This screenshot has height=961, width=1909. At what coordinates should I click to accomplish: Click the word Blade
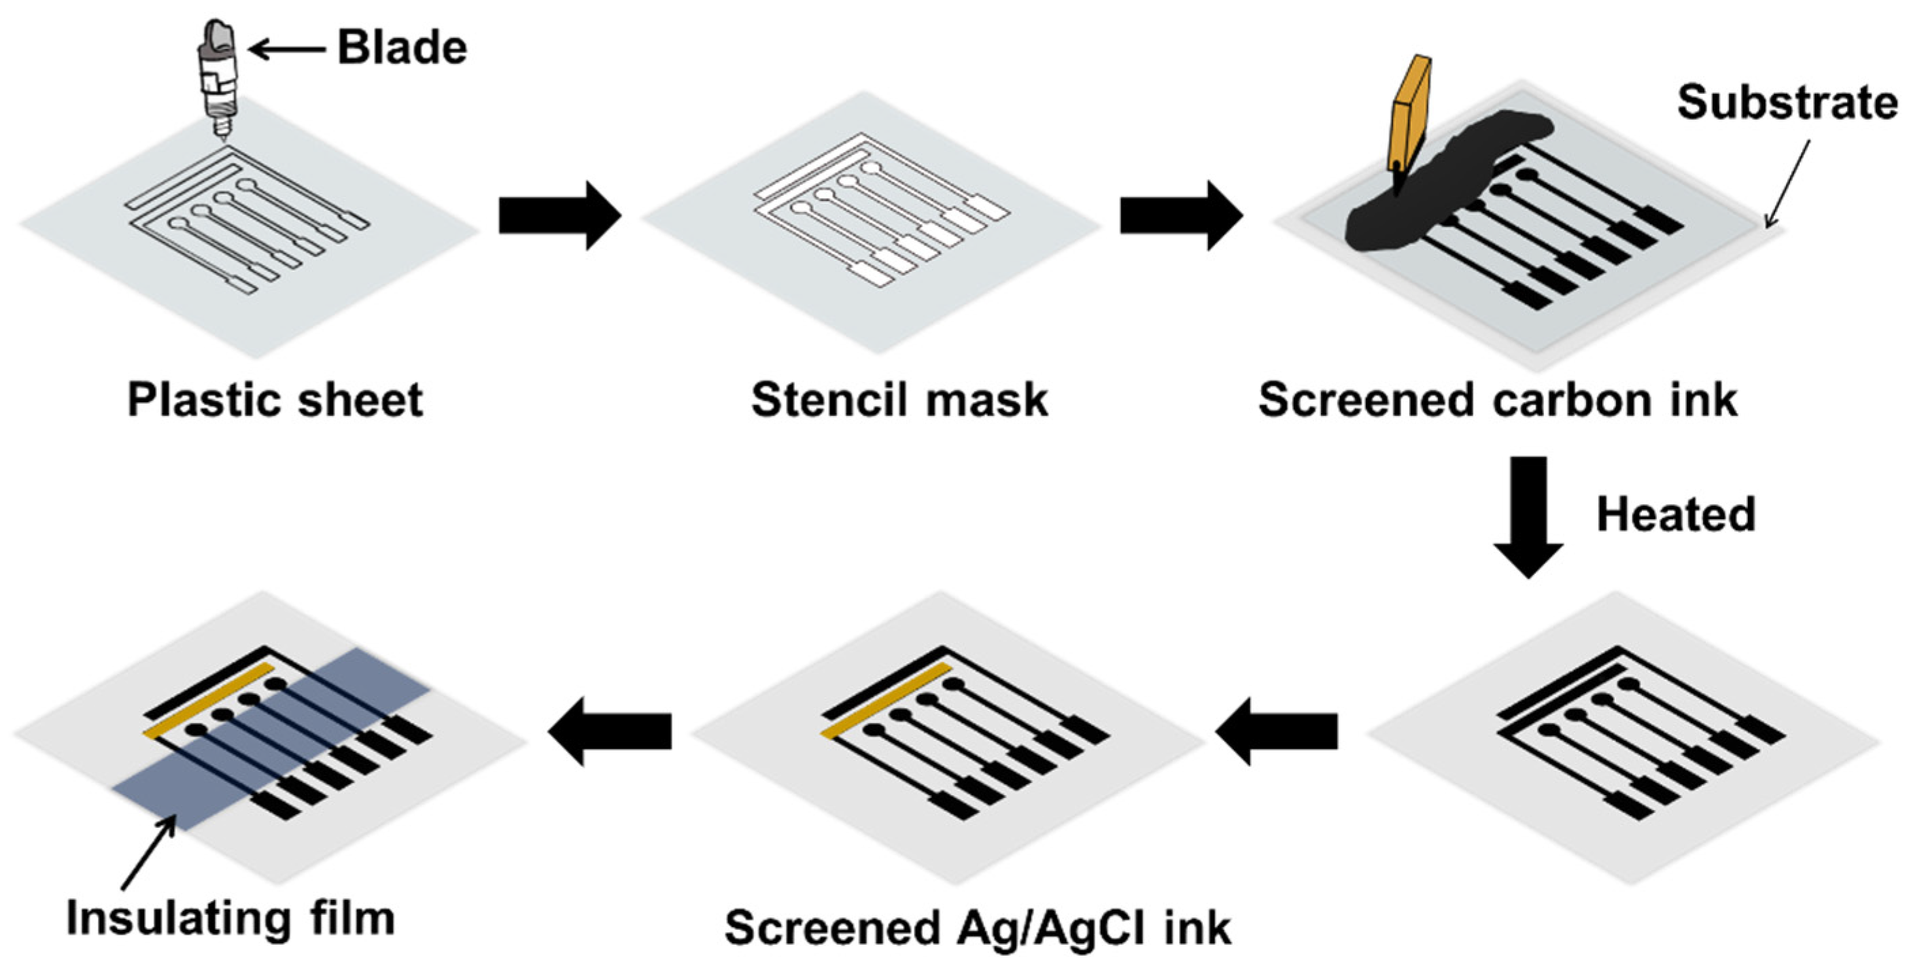(x=402, y=48)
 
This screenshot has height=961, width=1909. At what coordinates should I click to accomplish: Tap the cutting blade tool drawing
(x=217, y=82)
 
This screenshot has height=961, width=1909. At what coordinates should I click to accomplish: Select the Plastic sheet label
(x=275, y=400)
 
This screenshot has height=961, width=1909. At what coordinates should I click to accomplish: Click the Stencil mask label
(x=899, y=400)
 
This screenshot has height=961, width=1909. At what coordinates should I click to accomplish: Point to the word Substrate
(x=1787, y=102)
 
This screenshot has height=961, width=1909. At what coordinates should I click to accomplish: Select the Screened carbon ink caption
(x=1498, y=400)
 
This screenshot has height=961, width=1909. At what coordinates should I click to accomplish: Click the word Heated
(x=1676, y=514)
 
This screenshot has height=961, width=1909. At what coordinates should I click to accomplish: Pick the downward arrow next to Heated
(x=1528, y=515)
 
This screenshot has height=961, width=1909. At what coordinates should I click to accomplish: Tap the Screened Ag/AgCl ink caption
(x=978, y=927)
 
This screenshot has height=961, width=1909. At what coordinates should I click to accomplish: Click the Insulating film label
(x=230, y=918)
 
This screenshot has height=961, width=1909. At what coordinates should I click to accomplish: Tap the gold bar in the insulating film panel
(x=208, y=700)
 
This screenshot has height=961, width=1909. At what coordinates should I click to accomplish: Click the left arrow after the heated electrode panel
(x=1276, y=731)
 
